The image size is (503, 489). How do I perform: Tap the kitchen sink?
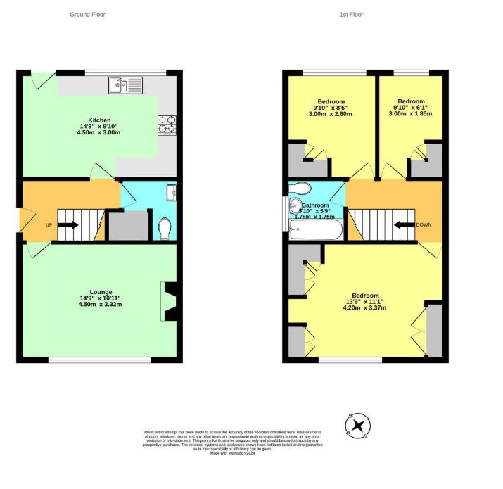tap(125, 86)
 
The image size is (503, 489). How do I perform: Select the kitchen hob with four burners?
tap(167, 125)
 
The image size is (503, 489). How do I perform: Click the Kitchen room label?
tap(99, 120)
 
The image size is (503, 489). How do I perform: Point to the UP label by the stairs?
tap(49, 225)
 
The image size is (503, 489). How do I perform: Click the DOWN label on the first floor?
tap(424, 225)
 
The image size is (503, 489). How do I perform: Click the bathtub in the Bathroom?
tap(316, 229)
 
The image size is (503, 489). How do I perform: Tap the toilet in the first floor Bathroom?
tap(298, 189)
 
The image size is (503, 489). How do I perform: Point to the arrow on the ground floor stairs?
tap(68, 225)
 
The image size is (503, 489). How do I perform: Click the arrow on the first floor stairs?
tap(404, 225)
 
